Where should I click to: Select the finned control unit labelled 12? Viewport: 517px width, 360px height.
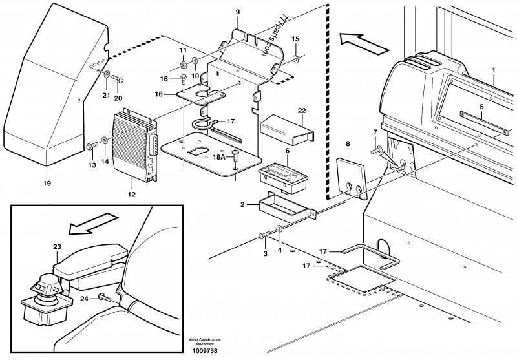click(x=134, y=143)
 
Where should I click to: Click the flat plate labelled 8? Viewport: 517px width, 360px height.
click(x=350, y=177)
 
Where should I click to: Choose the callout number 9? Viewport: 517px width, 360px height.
click(x=237, y=12)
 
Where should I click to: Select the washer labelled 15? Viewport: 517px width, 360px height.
click(x=295, y=60)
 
